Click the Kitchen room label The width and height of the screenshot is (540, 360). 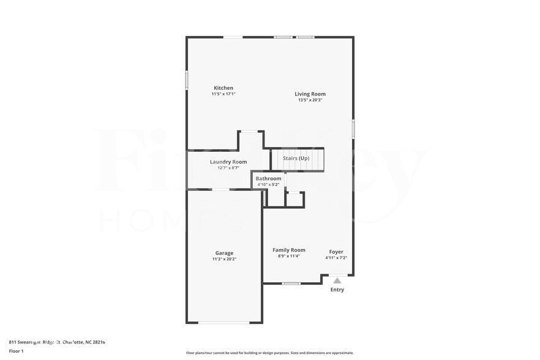click(223, 88)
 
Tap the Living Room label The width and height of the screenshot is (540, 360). click(310, 94)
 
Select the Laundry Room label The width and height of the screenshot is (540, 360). click(228, 162)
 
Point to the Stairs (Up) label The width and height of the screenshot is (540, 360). click(296, 158)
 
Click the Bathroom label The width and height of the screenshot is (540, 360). click(268, 179)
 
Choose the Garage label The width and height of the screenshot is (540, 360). click(224, 253)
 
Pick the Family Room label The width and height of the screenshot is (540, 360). click(289, 250)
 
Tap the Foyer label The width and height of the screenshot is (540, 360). click(336, 252)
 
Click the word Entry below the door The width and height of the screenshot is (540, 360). click(337, 290)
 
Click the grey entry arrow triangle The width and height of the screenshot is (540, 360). click(337, 280)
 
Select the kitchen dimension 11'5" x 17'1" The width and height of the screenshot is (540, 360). click(223, 94)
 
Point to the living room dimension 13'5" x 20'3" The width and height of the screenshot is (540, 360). click(310, 100)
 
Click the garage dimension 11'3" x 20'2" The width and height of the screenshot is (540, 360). click(224, 259)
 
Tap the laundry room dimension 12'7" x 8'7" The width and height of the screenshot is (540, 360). click(228, 168)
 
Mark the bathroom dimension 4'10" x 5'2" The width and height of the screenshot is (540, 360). click(268, 184)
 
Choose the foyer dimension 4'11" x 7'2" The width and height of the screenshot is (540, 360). click(336, 258)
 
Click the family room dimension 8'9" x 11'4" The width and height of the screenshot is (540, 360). click(289, 256)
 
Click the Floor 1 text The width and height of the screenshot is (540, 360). click(16, 351)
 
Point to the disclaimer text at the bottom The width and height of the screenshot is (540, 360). click(269, 353)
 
